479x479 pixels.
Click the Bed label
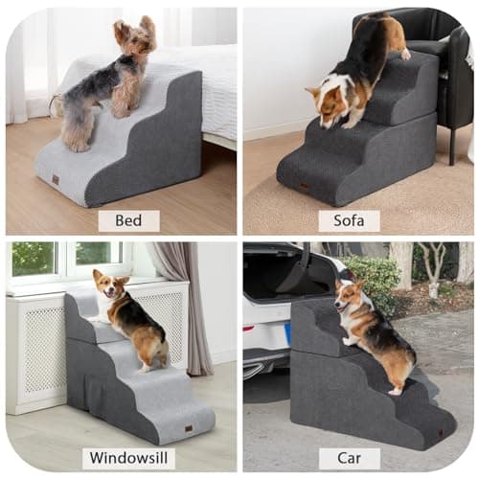pyautogui.click(x=128, y=220)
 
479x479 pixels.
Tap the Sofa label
pyautogui.click(x=349, y=220)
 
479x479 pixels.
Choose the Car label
pyautogui.click(x=349, y=457)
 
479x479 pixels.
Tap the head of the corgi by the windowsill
pyautogui.click(x=103, y=285)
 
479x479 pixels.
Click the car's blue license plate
pyautogui.click(x=287, y=336)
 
